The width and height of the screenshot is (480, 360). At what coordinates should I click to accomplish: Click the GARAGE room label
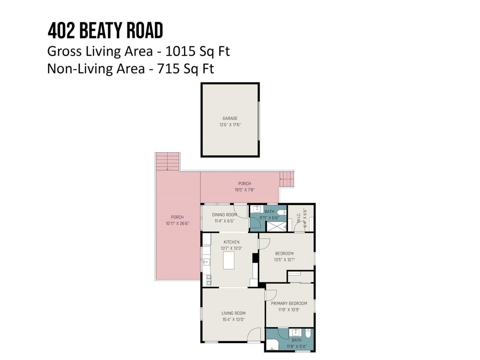(230, 118)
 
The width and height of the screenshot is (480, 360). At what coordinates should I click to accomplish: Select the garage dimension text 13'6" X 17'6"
(230, 125)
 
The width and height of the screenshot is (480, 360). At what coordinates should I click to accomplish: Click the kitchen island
(228, 260)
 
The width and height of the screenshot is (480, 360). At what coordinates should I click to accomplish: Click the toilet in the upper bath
(282, 212)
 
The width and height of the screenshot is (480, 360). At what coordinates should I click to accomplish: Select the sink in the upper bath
(257, 209)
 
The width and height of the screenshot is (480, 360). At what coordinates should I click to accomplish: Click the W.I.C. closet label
(299, 218)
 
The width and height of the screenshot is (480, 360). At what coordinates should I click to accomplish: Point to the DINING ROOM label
(224, 215)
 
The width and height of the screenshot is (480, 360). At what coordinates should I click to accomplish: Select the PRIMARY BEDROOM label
(289, 303)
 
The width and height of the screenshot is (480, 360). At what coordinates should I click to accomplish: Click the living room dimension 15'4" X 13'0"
(233, 319)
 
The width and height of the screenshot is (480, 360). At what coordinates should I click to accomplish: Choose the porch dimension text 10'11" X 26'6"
(177, 223)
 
